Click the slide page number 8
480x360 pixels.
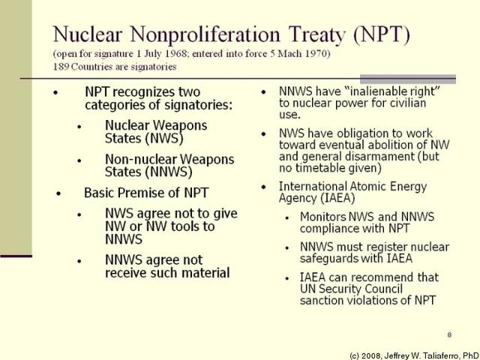point(448,334)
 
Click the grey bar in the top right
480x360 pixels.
point(408,78)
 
